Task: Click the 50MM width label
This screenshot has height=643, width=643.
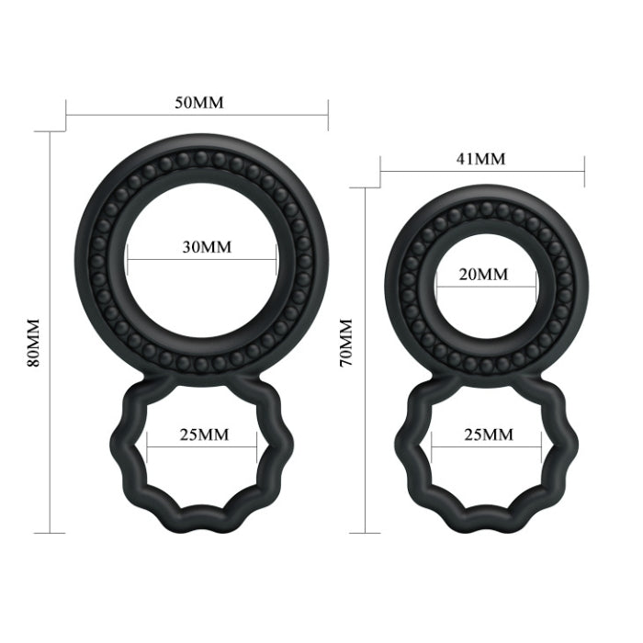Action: [199, 102]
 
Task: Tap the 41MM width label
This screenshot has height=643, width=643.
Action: [480, 158]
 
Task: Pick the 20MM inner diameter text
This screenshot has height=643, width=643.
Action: [482, 275]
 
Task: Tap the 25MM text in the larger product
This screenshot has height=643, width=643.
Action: [202, 434]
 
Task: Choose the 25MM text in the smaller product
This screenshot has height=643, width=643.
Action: [486, 434]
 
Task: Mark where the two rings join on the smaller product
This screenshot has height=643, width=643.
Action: [485, 378]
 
